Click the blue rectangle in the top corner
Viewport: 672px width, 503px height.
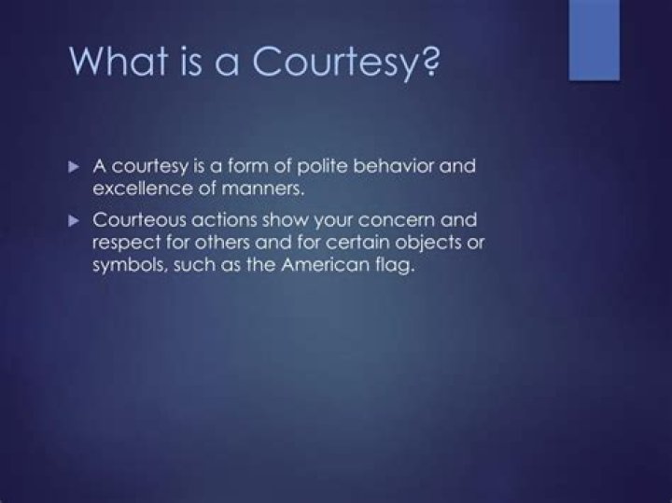[x=595, y=38]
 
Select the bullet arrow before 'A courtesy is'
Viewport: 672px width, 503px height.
[x=77, y=165]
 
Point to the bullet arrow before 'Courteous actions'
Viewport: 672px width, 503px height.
[x=77, y=221]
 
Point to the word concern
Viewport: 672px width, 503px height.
[x=397, y=222]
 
